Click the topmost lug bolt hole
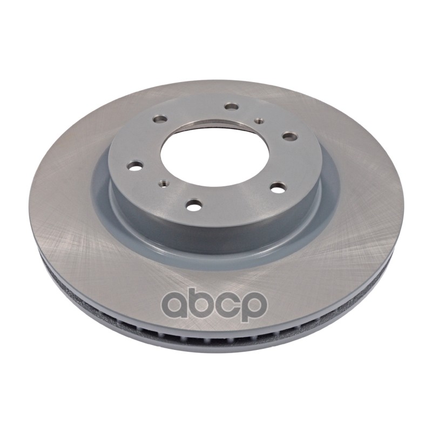click(x=231, y=106)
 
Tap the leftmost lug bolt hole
click(x=136, y=166)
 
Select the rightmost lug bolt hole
click(x=290, y=136)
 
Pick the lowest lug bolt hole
click(x=194, y=205)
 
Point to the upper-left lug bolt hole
click(x=160, y=119)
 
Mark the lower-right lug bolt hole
click(x=278, y=187)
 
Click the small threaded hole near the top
click(x=258, y=120)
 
